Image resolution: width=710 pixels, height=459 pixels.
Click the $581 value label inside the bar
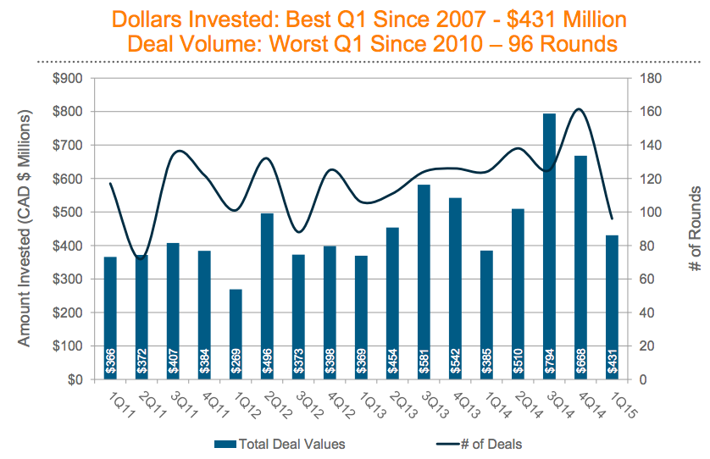tap(424, 362)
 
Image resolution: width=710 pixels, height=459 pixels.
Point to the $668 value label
tap(581, 362)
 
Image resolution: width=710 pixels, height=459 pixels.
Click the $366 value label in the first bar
tap(110, 362)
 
